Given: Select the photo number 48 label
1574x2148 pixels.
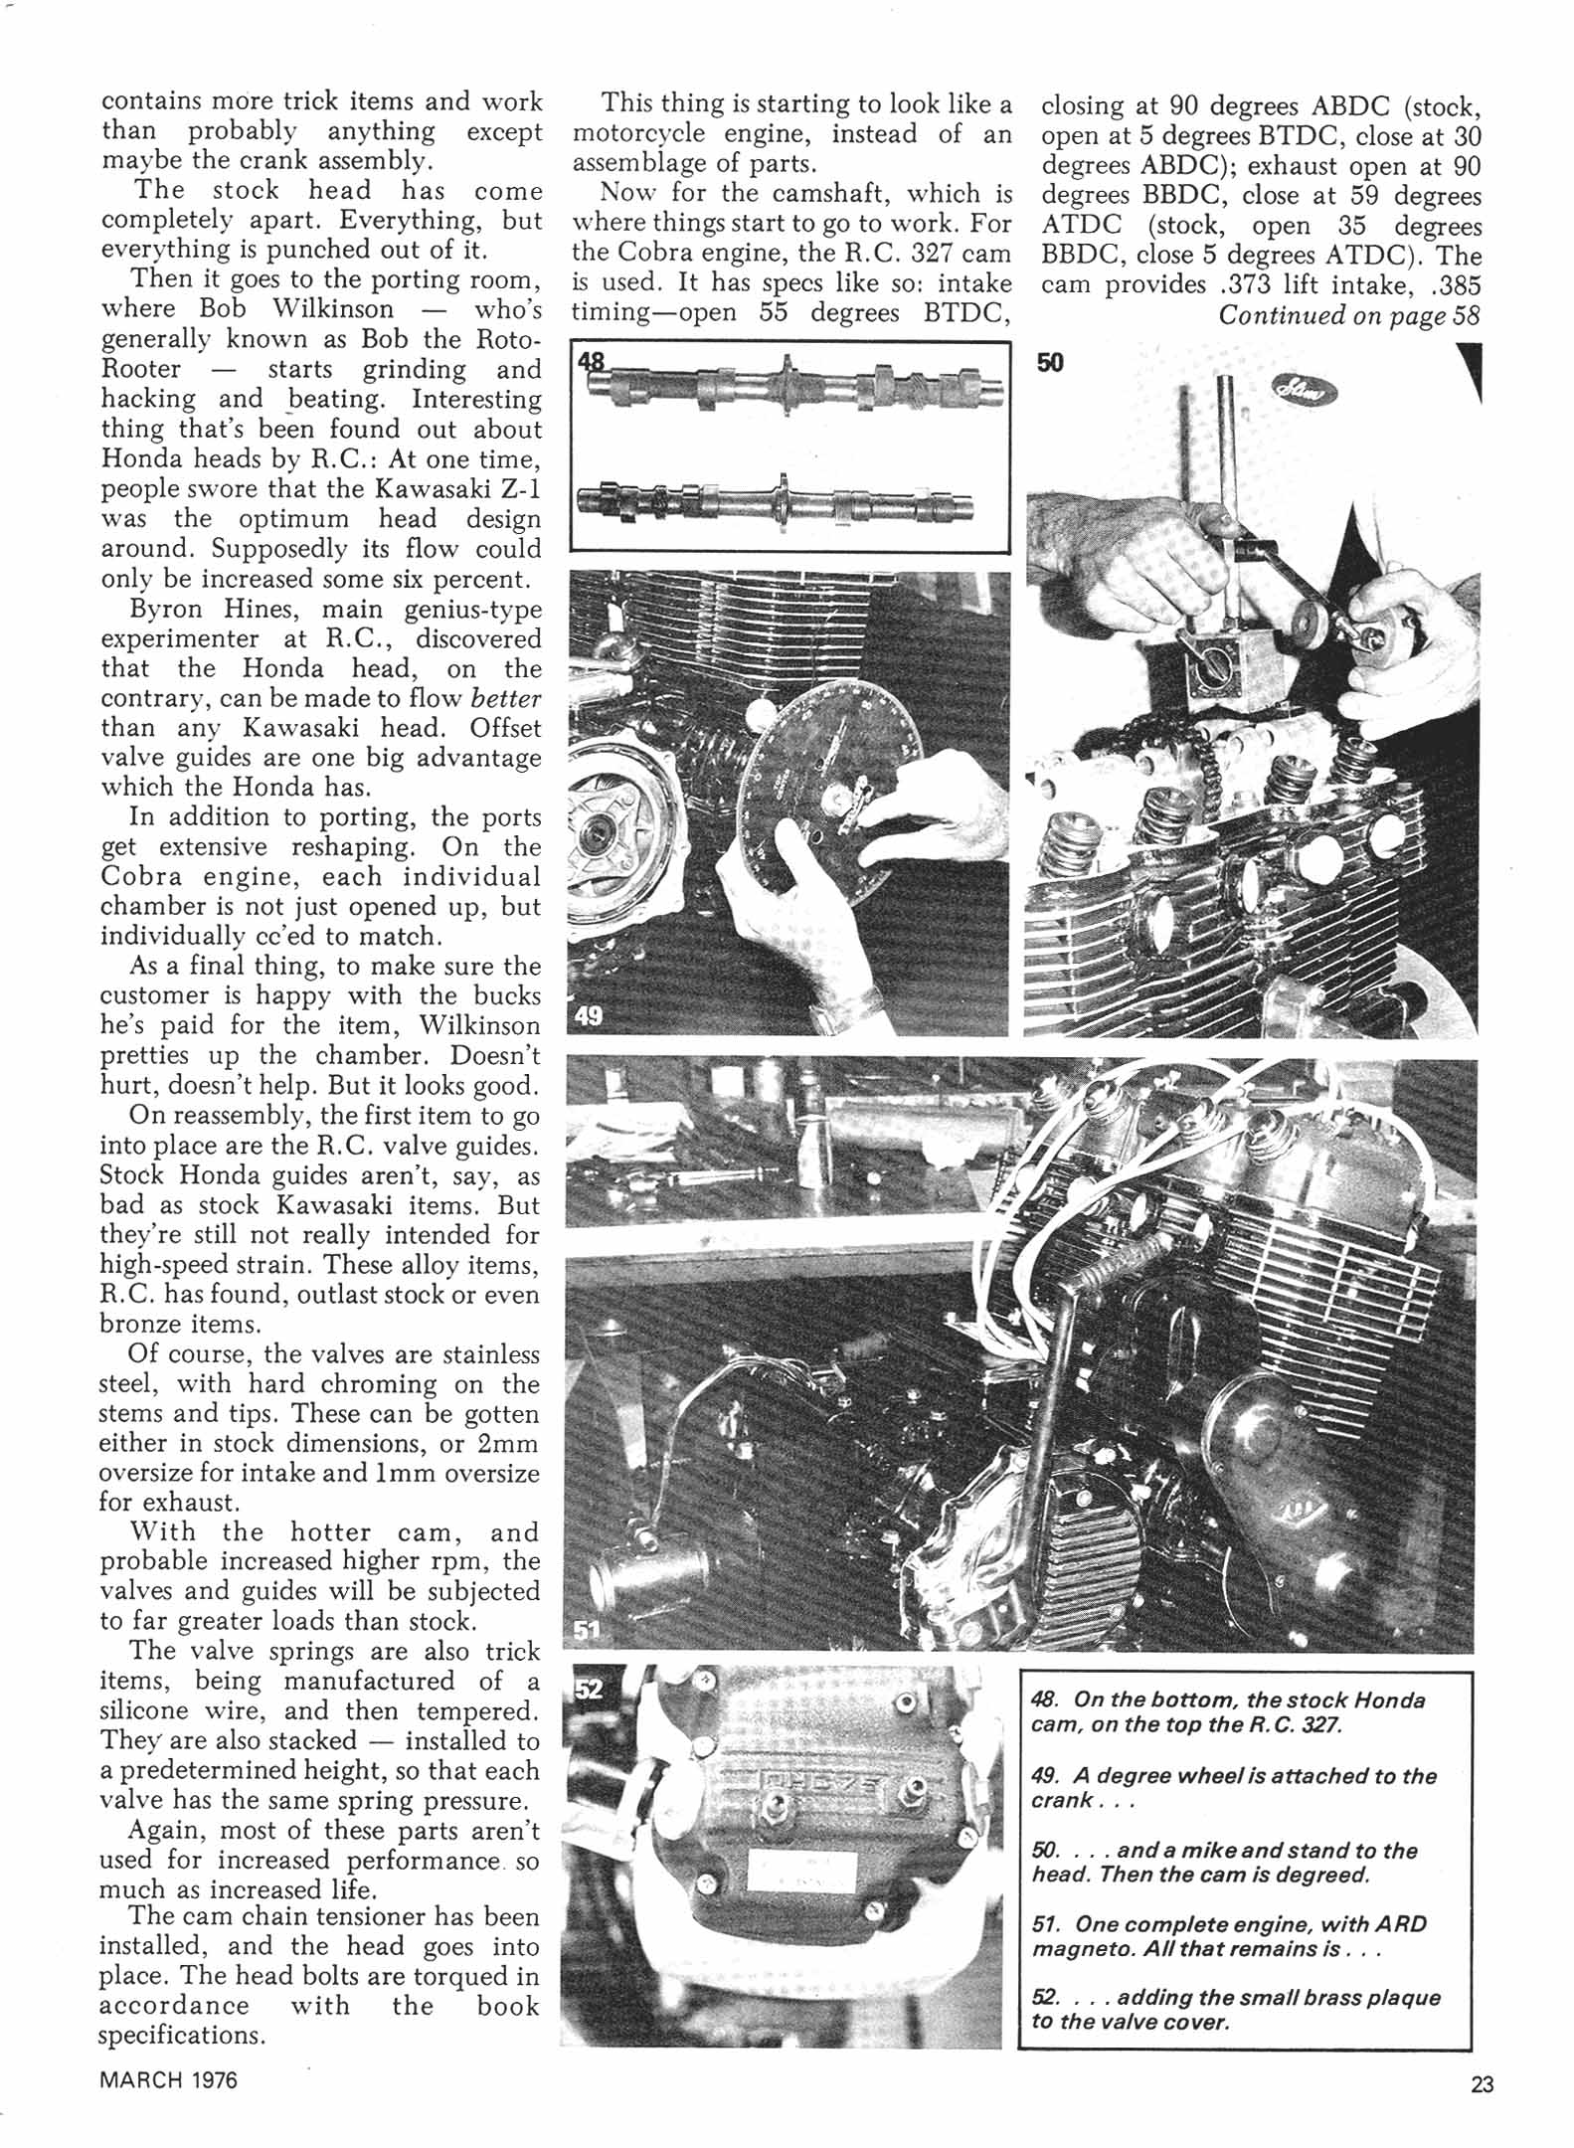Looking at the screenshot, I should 591,360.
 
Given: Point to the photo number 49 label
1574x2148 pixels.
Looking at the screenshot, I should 589,1016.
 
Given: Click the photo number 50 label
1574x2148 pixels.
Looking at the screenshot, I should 1050,363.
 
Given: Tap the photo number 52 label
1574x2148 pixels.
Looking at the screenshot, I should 589,1690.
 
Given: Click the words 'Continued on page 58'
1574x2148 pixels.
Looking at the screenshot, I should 1349,315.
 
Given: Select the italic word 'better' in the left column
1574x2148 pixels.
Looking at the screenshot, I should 506,698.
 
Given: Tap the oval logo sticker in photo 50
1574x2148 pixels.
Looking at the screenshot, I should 1304,395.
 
